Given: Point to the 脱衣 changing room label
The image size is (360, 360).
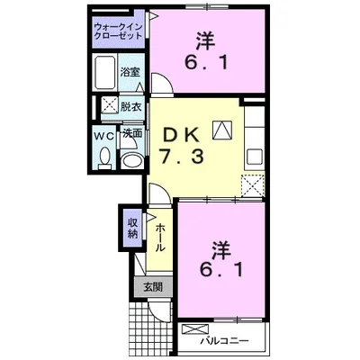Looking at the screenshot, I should point(131,106).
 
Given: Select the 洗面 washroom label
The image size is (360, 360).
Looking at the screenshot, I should point(132,133).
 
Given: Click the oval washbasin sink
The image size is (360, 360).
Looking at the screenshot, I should point(132,161).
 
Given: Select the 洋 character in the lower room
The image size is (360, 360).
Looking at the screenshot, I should point(222,246).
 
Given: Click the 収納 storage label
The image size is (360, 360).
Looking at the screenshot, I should point(132,228).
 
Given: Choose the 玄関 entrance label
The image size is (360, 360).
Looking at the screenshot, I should point(152,287).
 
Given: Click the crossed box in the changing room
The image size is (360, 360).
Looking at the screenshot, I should point(107,105).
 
